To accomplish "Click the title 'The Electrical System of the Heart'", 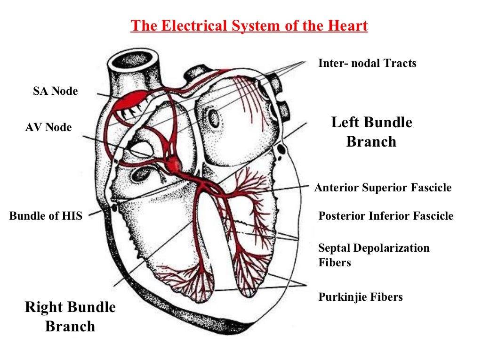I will (249, 25).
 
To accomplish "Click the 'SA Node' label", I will (55, 91).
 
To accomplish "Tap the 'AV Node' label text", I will (48, 127).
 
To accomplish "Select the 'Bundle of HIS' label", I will (46, 216).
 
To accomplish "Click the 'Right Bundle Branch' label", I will (70, 317).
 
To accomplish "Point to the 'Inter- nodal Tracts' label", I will (367, 63).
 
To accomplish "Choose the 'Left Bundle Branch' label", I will (371, 132).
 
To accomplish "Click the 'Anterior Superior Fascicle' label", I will (383, 188).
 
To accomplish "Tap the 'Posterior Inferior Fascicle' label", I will (386, 216).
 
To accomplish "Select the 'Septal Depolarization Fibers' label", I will (374, 255).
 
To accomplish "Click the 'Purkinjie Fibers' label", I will (361, 297).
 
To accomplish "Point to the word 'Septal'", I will (334, 248).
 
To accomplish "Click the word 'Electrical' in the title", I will (195, 25).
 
